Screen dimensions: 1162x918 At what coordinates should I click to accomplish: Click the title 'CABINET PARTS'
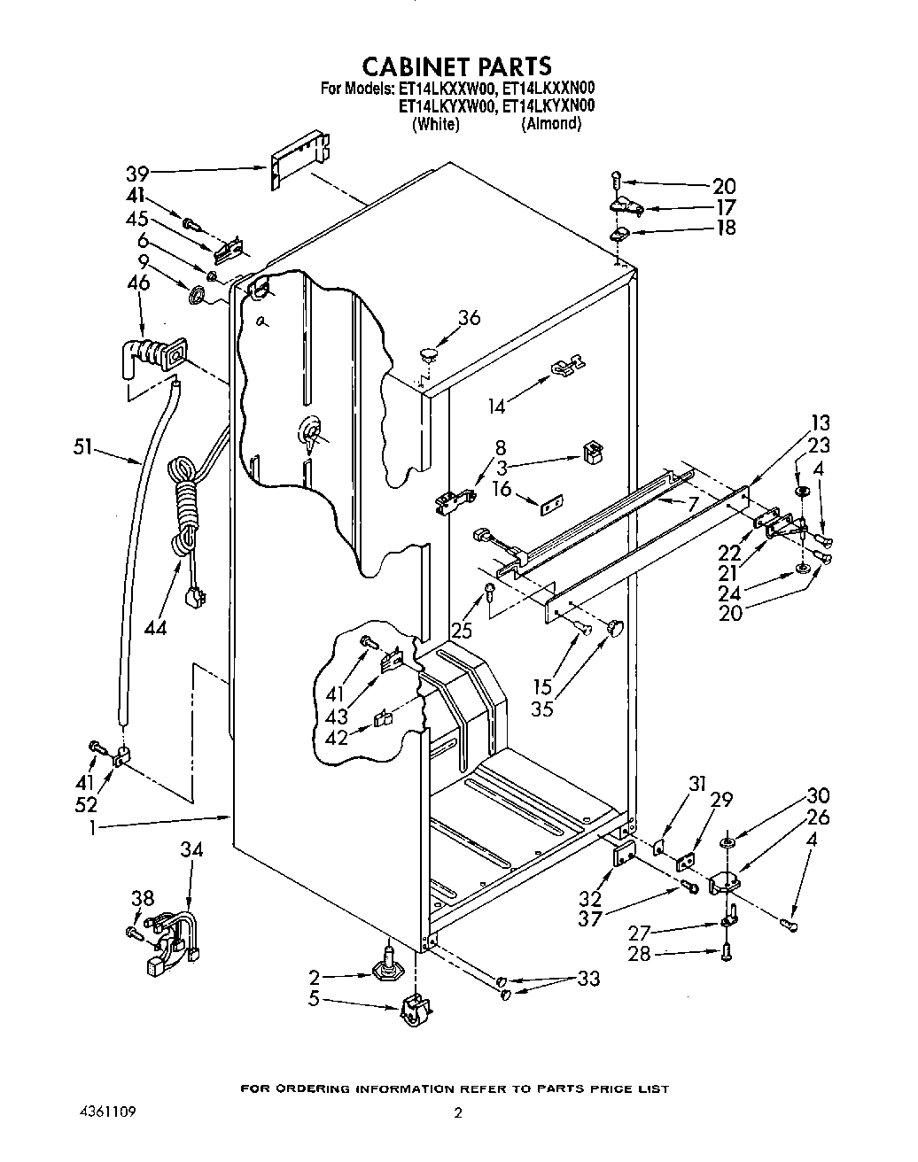(x=457, y=66)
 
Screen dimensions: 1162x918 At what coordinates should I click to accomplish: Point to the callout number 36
(x=469, y=316)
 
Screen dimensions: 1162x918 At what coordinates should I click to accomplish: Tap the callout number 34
(x=191, y=850)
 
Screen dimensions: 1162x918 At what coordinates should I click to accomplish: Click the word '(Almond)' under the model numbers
(x=552, y=124)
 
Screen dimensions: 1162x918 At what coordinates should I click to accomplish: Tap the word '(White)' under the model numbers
(x=436, y=124)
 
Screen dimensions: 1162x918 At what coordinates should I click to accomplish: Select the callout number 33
(x=587, y=978)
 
